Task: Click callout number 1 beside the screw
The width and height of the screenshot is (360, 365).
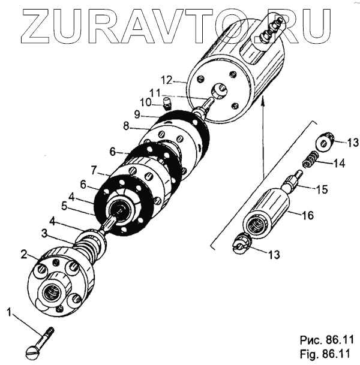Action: click(x=8, y=311)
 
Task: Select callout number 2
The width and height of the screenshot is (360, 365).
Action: click(x=24, y=254)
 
